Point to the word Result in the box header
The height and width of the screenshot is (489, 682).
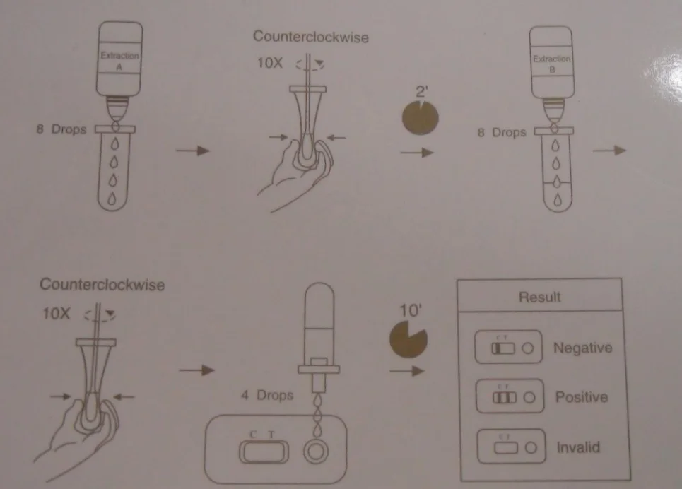coord(541,297)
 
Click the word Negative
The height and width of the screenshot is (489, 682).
coord(582,348)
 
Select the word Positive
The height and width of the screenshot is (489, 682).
coord(581,396)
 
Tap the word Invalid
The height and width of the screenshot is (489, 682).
coord(577,447)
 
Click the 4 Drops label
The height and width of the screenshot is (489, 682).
coord(266,395)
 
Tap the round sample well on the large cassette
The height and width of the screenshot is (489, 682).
coord(314,450)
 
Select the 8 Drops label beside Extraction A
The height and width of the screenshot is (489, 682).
coord(61,129)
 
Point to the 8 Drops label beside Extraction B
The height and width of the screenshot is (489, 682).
coord(502,131)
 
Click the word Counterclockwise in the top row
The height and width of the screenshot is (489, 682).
coord(311,36)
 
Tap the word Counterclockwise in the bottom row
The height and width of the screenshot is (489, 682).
coord(102,285)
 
